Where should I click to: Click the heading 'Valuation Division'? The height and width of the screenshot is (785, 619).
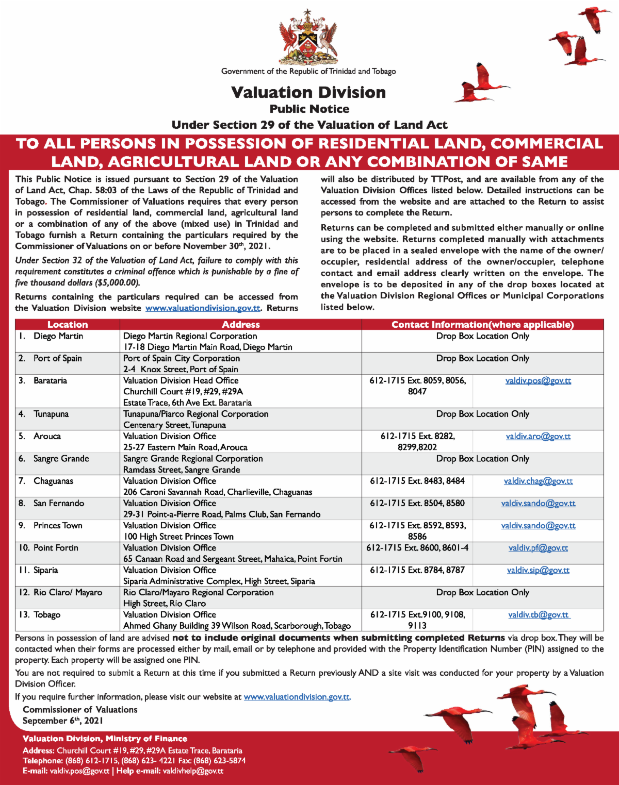308,92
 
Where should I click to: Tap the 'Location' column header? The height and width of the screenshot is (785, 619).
68,325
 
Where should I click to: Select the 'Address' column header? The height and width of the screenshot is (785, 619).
240,325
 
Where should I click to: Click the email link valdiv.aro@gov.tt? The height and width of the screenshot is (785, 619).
538,437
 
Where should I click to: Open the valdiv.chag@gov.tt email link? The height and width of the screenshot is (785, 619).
538,481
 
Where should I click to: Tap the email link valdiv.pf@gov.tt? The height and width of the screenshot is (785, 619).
538,548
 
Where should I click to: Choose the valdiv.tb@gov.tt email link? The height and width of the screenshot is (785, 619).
538,615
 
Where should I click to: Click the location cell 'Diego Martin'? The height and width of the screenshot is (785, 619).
58,336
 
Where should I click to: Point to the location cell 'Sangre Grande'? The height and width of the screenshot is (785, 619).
61,459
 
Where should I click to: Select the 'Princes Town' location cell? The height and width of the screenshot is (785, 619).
58,526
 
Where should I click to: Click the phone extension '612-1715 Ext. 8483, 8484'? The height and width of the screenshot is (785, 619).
417,481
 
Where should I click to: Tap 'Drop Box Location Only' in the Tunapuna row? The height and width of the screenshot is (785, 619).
482,414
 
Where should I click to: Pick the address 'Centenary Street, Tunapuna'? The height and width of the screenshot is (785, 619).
174,425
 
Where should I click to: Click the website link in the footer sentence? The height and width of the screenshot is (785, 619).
297,697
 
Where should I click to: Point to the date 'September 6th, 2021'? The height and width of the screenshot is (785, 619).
62,721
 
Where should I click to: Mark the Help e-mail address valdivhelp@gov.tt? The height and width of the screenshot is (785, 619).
193,771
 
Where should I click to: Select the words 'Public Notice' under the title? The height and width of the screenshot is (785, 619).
309,109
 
